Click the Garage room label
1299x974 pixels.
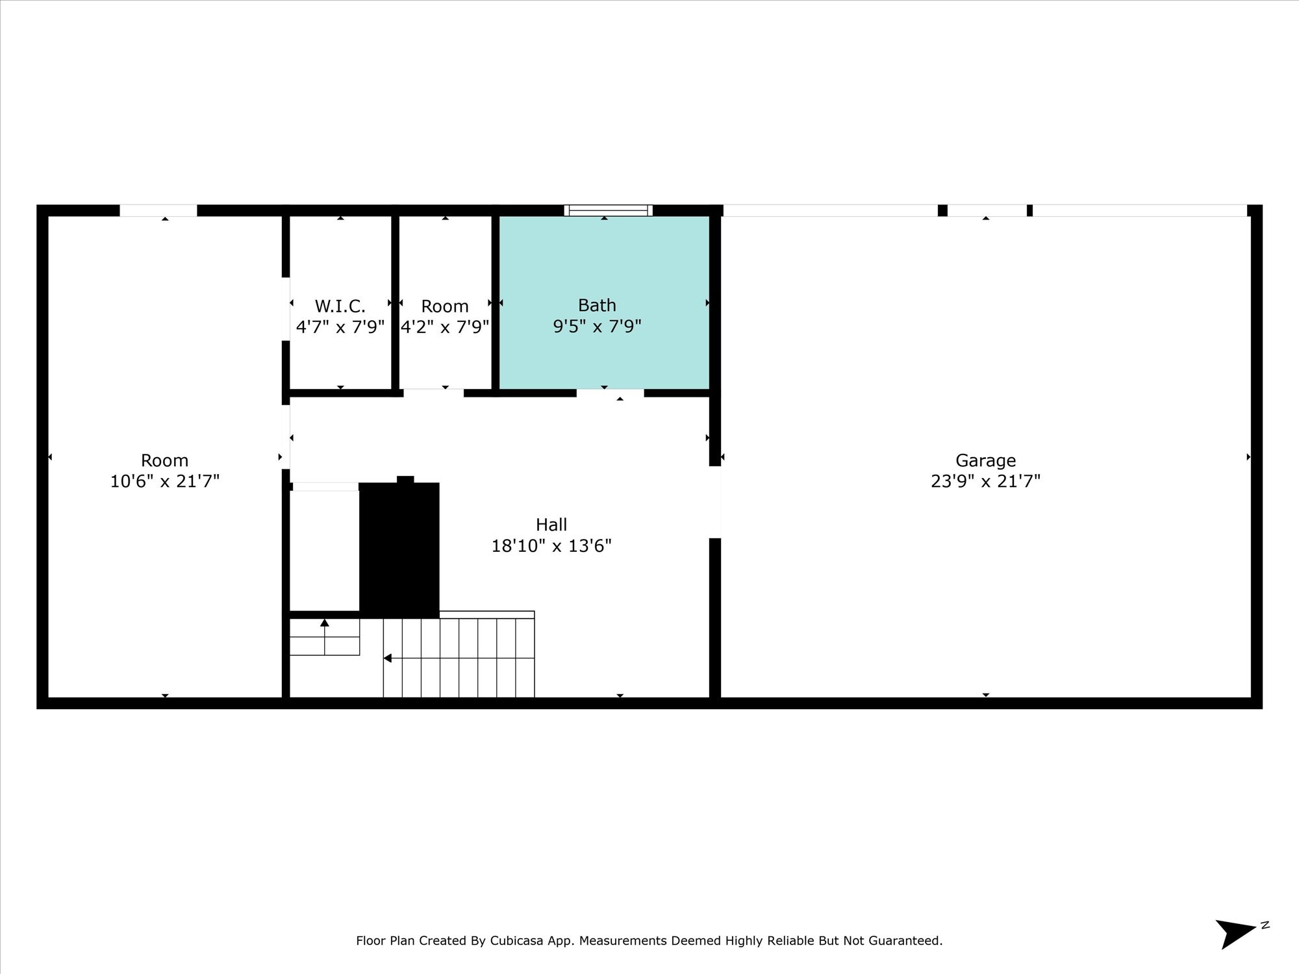coord(985,460)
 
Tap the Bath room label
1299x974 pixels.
coord(597,305)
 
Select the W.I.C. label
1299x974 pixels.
coord(340,306)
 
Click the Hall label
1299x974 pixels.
coord(551,524)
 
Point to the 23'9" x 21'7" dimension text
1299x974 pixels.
coord(985,481)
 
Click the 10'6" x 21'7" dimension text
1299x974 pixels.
coord(165,481)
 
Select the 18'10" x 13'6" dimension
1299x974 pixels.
coord(551,545)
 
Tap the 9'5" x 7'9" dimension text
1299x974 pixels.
coord(597,326)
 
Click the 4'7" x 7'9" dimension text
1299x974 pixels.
coord(340,327)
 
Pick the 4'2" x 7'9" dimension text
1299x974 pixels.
coord(445,327)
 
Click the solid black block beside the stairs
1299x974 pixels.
coord(399,549)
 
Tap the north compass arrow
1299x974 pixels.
coord(1237,934)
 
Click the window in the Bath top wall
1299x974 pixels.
coord(609,210)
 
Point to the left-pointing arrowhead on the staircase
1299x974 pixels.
coord(388,658)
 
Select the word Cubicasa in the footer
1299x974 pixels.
coord(517,941)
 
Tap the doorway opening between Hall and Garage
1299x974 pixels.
coord(715,502)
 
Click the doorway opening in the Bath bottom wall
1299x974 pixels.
coord(611,393)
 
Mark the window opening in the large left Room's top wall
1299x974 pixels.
coord(158,210)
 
